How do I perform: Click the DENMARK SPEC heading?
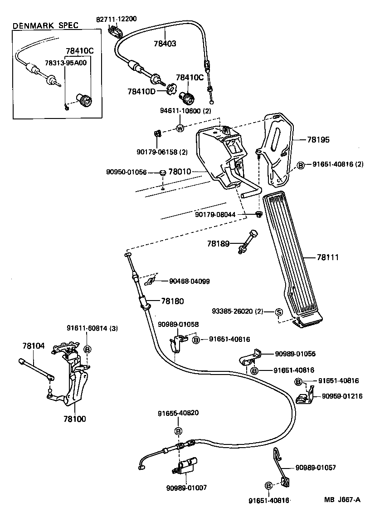[x=45, y=25]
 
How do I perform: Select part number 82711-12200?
[x=117, y=19]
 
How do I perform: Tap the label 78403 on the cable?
[x=165, y=44]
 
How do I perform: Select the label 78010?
[x=181, y=172]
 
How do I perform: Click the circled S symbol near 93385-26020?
[x=279, y=311]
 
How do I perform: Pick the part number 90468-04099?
[x=190, y=281]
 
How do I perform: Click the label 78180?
[x=172, y=301]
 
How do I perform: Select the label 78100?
[x=74, y=419]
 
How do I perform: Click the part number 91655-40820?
[x=178, y=413]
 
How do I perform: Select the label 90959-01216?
[x=342, y=396]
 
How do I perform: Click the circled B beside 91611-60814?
[x=88, y=349]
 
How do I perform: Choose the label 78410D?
[x=141, y=91]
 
